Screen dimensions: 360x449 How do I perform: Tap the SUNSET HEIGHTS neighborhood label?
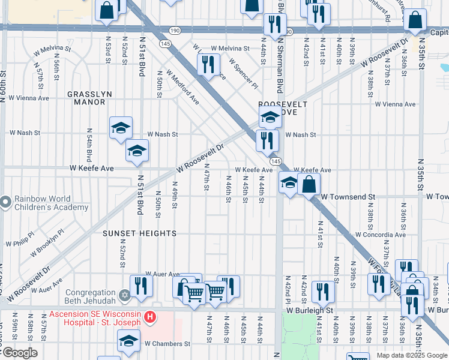pyautogui.click(x=139, y=233)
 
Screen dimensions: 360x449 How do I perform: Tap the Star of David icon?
pyautogui.click(x=125, y=296)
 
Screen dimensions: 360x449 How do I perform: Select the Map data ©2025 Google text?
pyautogui.click(x=411, y=355)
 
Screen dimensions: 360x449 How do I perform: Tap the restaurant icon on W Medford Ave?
pyautogui.click(x=208, y=64)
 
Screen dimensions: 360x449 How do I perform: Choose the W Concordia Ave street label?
pyautogui.click(x=385, y=235)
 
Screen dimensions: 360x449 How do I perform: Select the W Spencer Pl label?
pyautogui.click(x=243, y=73)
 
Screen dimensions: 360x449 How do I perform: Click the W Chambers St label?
pyautogui.click(x=167, y=344)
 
